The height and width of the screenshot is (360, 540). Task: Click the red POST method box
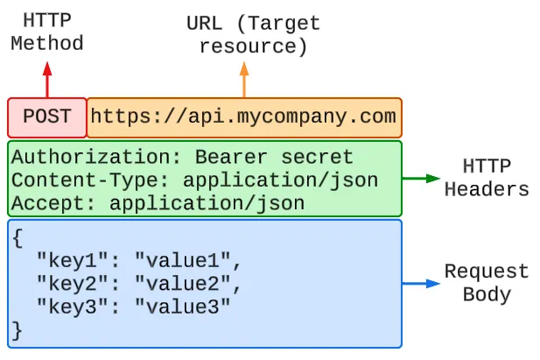[x=47, y=116]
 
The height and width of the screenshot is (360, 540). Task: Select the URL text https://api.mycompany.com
[x=243, y=116]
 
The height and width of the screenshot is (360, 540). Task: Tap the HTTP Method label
[x=47, y=32]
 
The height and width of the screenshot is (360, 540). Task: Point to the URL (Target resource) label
[x=253, y=35]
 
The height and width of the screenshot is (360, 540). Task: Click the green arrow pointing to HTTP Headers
[x=421, y=178]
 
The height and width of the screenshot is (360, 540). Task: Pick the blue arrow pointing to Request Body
[x=421, y=283]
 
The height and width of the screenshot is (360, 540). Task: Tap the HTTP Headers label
[x=487, y=178]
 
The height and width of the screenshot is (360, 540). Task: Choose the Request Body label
[x=487, y=283]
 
